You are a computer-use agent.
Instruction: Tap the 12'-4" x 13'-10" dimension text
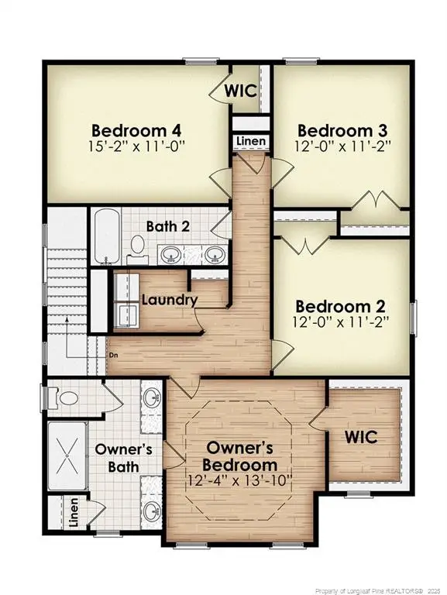tap(239, 480)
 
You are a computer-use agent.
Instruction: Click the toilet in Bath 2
tap(137, 246)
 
